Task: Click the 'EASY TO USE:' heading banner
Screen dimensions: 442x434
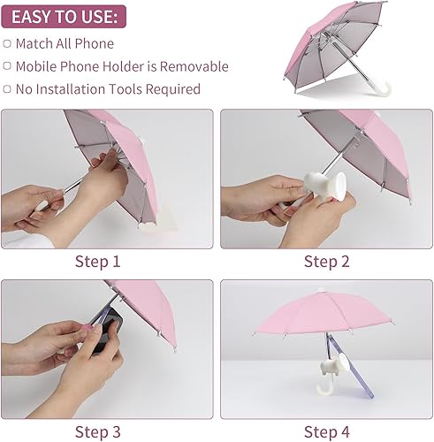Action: pos(63,16)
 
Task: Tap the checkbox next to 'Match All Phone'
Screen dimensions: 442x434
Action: pos(8,43)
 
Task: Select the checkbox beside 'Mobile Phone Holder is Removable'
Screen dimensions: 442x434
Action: pos(8,66)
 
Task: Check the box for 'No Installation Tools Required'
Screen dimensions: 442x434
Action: pos(8,89)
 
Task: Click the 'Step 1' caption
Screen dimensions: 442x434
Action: pos(98,261)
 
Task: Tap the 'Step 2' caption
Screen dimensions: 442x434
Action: pos(326,261)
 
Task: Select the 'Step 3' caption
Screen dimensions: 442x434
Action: pos(98,431)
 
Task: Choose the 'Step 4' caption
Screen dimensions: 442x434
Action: pos(326,431)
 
